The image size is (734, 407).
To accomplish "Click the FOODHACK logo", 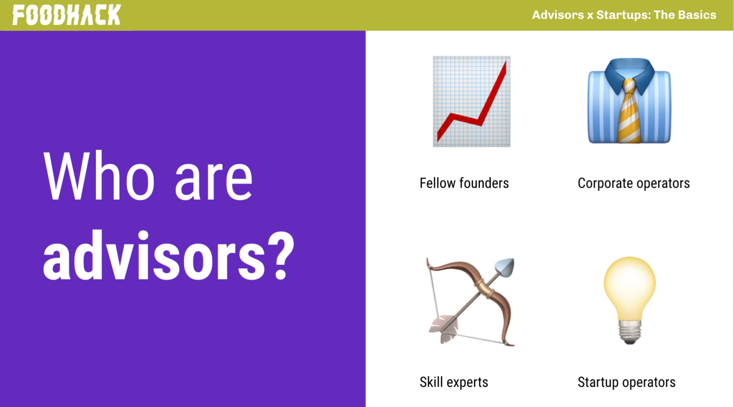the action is click(67, 15).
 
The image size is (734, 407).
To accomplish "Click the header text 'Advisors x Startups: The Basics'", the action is click(624, 15).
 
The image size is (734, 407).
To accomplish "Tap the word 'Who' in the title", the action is click(98, 176).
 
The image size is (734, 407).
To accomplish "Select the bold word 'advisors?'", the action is click(169, 256).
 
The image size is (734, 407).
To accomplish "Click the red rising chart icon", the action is click(472, 101).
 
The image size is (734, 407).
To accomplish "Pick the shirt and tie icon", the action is click(629, 101).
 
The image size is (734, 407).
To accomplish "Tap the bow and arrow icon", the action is click(471, 301).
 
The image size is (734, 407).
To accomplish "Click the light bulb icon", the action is click(629, 300).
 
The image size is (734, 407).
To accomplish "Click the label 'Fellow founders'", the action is click(464, 183).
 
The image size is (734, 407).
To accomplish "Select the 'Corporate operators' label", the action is click(634, 183).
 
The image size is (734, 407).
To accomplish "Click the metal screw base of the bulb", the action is click(629, 332).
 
